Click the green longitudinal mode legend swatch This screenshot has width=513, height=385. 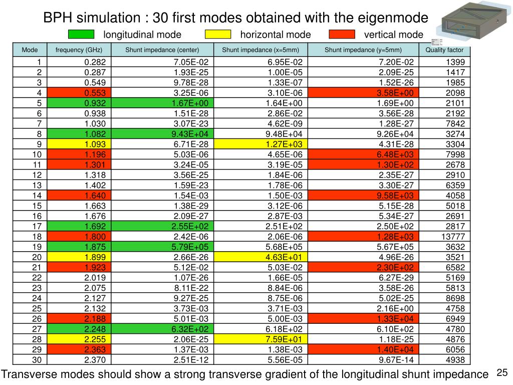[81, 35]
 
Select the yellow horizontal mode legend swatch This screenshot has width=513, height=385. [218, 35]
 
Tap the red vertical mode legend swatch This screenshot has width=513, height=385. [342, 35]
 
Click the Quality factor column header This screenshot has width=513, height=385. [444, 50]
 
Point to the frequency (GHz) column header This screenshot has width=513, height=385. [79, 50]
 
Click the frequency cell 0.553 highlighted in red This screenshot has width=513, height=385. [79, 93]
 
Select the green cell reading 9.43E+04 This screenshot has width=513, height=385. [163, 134]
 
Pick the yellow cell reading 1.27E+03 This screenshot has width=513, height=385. [261, 144]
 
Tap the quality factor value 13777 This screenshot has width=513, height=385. [444, 237]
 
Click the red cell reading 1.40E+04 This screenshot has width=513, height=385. [363, 350]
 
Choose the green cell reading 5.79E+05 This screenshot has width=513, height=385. [163, 247]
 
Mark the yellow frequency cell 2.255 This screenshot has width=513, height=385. [79, 339]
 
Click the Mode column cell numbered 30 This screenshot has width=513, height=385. [30, 360]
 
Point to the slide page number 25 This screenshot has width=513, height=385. [502, 372]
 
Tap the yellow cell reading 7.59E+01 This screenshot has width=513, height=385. [261, 339]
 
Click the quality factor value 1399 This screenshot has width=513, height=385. [444, 62]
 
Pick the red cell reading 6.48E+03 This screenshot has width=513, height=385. [363, 154]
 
